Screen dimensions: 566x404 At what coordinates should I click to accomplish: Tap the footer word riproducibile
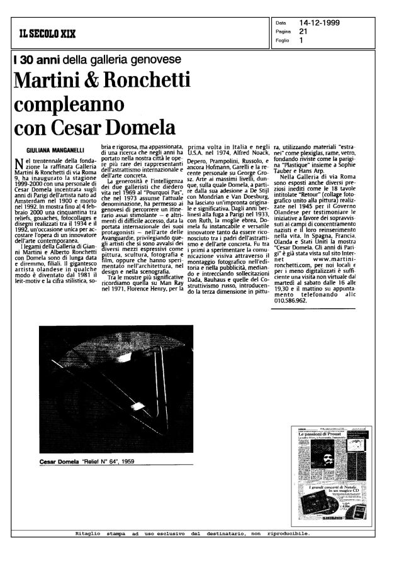298,550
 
